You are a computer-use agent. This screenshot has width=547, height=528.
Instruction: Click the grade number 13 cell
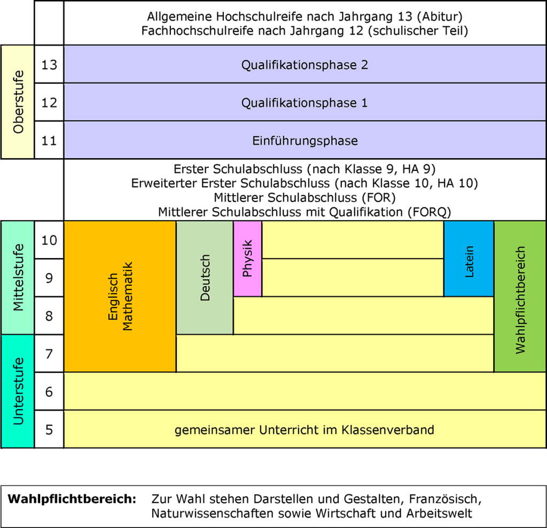(x=49, y=64)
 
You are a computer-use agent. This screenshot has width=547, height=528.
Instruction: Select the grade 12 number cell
(x=49, y=102)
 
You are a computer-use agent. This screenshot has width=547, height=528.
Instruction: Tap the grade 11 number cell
(x=49, y=140)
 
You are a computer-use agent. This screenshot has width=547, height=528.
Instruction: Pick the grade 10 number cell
(x=49, y=240)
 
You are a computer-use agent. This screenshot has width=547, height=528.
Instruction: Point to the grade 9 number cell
(x=49, y=278)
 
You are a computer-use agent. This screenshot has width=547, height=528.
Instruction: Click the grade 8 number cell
(x=49, y=316)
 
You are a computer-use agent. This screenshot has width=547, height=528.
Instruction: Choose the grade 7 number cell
(x=49, y=354)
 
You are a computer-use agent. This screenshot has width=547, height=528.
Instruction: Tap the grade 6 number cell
(x=49, y=392)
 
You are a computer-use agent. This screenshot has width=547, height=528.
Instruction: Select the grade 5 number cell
(x=49, y=429)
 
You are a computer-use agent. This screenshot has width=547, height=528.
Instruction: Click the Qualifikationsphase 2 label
(x=304, y=65)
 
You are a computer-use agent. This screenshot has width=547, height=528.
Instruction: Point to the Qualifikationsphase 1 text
(x=304, y=103)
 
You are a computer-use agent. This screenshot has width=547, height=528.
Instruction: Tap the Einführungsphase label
(x=304, y=141)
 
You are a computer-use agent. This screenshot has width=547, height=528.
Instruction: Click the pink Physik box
(x=247, y=259)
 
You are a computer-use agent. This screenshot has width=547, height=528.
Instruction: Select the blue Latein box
(x=469, y=259)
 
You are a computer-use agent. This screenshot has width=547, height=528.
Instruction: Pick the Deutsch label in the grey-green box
(x=205, y=277)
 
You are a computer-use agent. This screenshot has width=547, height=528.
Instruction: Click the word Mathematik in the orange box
(x=127, y=296)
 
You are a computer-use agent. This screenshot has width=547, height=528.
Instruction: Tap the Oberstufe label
(x=19, y=102)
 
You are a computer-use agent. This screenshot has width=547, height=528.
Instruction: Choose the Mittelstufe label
(x=19, y=277)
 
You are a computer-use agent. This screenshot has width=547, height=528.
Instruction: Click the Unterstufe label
(x=19, y=391)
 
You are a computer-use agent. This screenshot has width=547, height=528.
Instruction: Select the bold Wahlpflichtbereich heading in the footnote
(x=72, y=500)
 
